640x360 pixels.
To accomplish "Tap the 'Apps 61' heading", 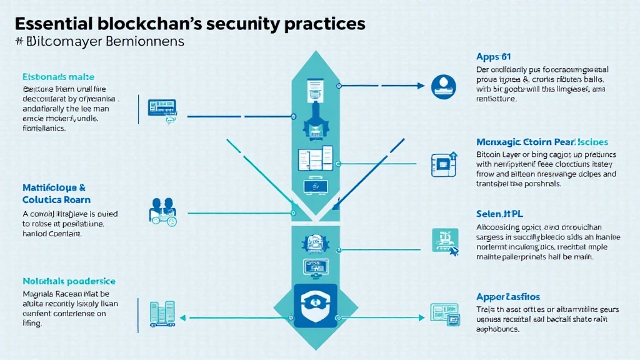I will pos(493,57).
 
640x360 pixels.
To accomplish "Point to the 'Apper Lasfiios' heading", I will pos(508,297).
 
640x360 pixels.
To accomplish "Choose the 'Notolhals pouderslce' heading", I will pos(69,282).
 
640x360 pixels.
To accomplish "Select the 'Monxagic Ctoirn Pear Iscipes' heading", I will pos(542,142).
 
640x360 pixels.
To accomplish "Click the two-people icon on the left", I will pos(164,211).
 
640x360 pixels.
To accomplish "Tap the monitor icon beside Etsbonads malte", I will pos(161,108).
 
